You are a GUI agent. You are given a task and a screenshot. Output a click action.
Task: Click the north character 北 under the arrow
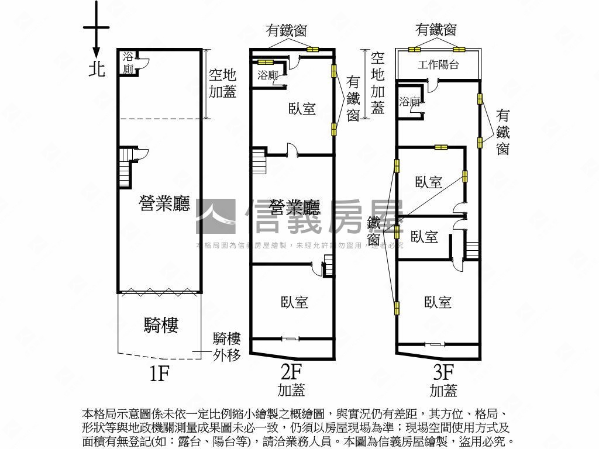pos(97,68)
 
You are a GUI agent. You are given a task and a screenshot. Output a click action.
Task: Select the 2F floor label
pos(291,372)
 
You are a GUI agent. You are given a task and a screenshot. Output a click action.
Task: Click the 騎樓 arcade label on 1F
pos(161,325)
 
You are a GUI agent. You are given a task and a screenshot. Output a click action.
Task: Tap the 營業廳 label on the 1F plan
pos(164,204)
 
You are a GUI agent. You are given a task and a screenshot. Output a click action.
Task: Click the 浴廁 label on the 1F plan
pos(128,63)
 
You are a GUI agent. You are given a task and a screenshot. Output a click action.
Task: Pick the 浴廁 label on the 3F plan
pos(409,102)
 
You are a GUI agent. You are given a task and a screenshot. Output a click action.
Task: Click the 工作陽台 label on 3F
pos(438,65)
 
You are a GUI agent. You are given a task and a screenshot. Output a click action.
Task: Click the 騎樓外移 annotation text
pos(226,346)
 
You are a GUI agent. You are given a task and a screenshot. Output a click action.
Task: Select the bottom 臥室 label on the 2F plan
pos(294,302)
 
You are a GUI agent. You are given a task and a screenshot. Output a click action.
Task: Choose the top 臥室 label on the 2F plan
pos(302,108)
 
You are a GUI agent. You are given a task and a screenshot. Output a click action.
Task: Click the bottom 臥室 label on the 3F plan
pos(438,302)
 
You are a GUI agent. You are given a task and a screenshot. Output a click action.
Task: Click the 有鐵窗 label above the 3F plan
pos(436,29)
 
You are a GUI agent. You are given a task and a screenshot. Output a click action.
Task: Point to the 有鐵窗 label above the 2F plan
pos(287,30)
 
